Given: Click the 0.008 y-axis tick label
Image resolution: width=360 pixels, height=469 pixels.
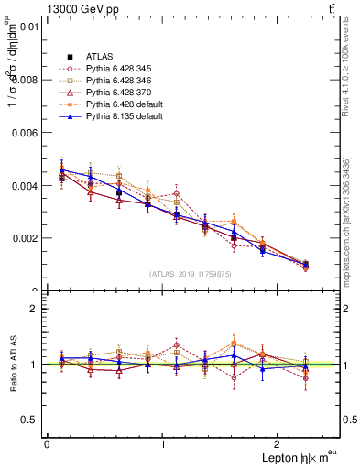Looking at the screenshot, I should [x=25, y=80].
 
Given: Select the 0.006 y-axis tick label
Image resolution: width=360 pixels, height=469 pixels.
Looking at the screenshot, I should [x=25, y=133].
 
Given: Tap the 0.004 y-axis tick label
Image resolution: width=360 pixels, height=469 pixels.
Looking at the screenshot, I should [x=25, y=186].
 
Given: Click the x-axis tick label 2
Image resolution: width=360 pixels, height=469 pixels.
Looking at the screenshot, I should [x=280, y=444].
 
